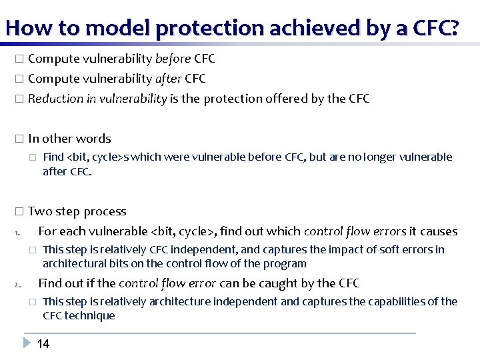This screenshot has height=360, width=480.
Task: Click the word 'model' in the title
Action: tap(110, 27)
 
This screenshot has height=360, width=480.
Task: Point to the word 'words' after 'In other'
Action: tap(93, 139)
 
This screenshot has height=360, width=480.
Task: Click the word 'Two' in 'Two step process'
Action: tap(39, 211)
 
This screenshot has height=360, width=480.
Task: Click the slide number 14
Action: tap(43, 344)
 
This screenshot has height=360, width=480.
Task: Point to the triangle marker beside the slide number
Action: tap(26, 343)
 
